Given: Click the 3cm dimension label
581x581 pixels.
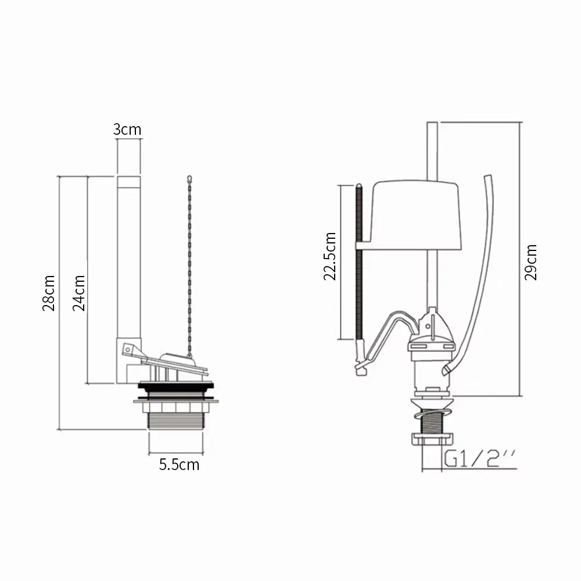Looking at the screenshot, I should coord(127,129).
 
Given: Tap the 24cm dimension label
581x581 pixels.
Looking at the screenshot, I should coord(79,293).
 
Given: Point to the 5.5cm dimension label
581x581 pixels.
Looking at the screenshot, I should coord(179,464).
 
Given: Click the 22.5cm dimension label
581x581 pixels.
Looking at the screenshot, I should coord(330,256).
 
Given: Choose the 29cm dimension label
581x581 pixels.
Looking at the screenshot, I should coord(531,262).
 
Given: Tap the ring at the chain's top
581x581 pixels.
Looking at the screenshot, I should coord(189,178).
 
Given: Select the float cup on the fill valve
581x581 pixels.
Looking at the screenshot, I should coord(415,215).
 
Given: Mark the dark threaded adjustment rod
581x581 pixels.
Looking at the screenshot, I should coord(358,261).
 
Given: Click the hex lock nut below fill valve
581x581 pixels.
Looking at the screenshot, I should coord(431,440).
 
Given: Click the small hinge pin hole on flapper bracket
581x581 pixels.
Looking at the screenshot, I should coord(126,349).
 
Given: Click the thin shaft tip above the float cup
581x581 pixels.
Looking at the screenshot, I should coord(432,145).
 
